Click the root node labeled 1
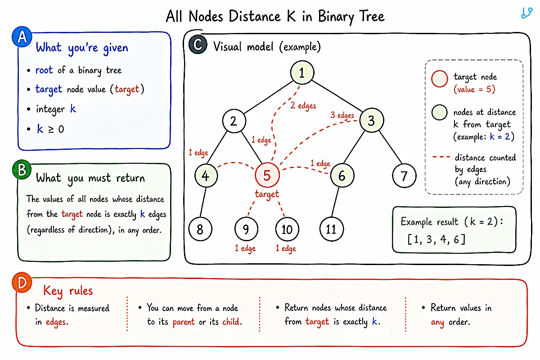(302, 72)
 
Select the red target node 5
(267, 175)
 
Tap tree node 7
(404, 175)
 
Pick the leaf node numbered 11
(332, 229)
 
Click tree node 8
(200, 229)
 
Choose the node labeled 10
(287, 229)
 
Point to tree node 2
(234, 121)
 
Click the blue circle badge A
(22, 36)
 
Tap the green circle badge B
(22, 169)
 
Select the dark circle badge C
(198, 45)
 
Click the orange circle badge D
(22, 283)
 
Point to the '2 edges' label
(303, 106)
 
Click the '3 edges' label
(342, 115)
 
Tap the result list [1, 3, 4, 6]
(436, 239)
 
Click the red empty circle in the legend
(440, 79)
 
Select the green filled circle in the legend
(440, 112)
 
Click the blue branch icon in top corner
(526, 13)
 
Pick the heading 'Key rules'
(68, 291)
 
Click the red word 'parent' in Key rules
(184, 322)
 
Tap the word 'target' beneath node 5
(267, 194)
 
